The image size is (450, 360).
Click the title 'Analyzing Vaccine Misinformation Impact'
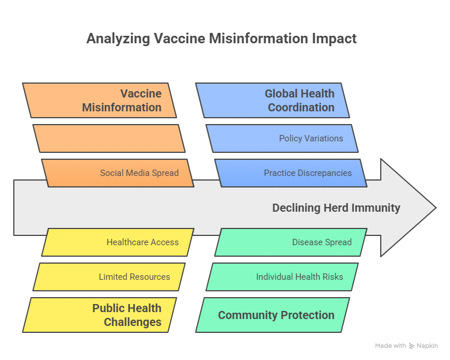(222, 39)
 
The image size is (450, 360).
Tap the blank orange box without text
(109, 138)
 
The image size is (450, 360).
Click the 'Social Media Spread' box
(118, 173)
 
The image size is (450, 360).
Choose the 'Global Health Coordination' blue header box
(272, 100)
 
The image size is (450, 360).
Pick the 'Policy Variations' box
(282, 138)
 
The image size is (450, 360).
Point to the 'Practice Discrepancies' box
(291, 173)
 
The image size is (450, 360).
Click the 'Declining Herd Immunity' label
(336, 208)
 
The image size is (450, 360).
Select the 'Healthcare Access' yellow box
(118, 242)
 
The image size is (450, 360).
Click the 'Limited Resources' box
(109, 277)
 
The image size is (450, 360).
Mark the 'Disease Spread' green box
(291, 242)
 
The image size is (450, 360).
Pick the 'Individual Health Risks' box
(282, 277)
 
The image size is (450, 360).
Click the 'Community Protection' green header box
(272, 315)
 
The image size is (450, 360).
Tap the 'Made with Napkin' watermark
(406, 346)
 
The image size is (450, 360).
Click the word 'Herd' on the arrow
(336, 208)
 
